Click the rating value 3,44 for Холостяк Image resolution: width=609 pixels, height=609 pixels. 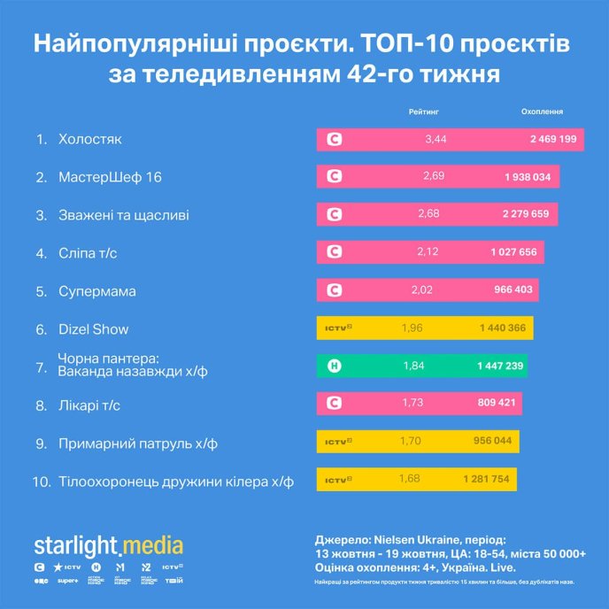[x=436, y=139]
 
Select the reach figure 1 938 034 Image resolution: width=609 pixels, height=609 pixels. [x=528, y=177]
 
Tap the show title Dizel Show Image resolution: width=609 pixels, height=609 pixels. [x=93, y=329]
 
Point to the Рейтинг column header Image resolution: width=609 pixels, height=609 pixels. [x=424, y=112]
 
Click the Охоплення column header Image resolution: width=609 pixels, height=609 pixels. [x=542, y=112]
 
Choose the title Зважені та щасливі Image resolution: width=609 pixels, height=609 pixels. [x=123, y=215]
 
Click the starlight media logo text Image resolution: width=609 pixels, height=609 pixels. [x=108, y=544]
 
